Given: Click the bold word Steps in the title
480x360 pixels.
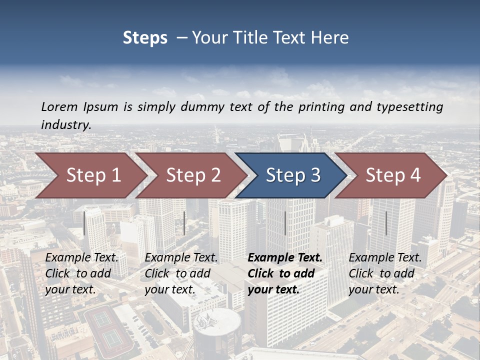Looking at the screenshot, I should point(145,38).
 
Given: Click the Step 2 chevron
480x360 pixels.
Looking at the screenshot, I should point(192,175).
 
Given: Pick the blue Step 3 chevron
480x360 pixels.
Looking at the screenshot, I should point(292,175).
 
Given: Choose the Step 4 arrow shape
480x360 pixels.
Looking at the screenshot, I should point(392,175).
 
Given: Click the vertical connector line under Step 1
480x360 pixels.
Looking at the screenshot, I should point(84,223).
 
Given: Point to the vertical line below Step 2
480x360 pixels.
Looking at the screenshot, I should point(184,223).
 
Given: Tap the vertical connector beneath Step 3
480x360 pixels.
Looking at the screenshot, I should point(285,223).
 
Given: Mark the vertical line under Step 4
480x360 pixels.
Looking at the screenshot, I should point(386,223).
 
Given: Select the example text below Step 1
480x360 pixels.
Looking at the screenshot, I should point(81,273).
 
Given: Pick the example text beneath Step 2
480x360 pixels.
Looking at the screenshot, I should point(181,273).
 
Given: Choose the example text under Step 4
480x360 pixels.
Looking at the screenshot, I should point(385,273).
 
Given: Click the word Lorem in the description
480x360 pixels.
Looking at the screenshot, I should point(59,107).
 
